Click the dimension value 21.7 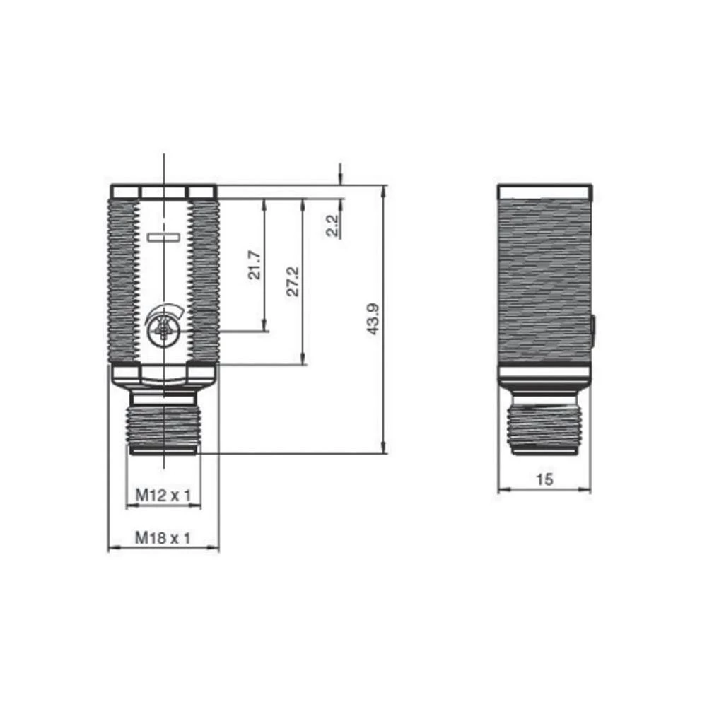[255, 265]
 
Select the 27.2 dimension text [294, 281]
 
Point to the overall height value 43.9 [374, 319]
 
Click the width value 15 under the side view [544, 479]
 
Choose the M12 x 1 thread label [163, 496]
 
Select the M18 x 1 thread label [163, 539]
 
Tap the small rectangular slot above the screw [163, 238]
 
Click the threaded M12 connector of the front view [163, 428]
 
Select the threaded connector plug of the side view [544, 428]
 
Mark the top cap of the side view [544, 192]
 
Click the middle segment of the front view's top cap [163, 192]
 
